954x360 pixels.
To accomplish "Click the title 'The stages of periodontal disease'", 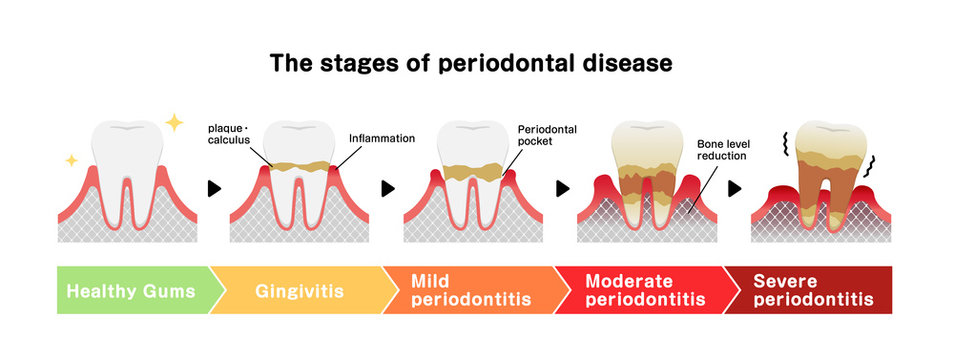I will click(x=471, y=63).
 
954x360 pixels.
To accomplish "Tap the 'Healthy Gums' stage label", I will click(x=128, y=291).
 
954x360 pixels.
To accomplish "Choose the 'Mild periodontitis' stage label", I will click(x=457, y=290).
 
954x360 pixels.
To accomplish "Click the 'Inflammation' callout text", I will click(x=381, y=138).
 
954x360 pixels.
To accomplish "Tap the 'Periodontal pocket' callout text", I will click(x=547, y=135).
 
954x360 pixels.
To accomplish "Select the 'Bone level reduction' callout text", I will click(x=723, y=150).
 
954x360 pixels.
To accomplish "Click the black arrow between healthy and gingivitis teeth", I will click(x=211, y=187).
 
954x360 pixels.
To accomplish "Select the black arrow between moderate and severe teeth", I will click(x=735, y=187).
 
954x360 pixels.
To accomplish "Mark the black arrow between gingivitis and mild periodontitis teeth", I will click(x=386, y=187).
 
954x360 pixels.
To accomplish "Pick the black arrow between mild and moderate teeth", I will click(x=562, y=187).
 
